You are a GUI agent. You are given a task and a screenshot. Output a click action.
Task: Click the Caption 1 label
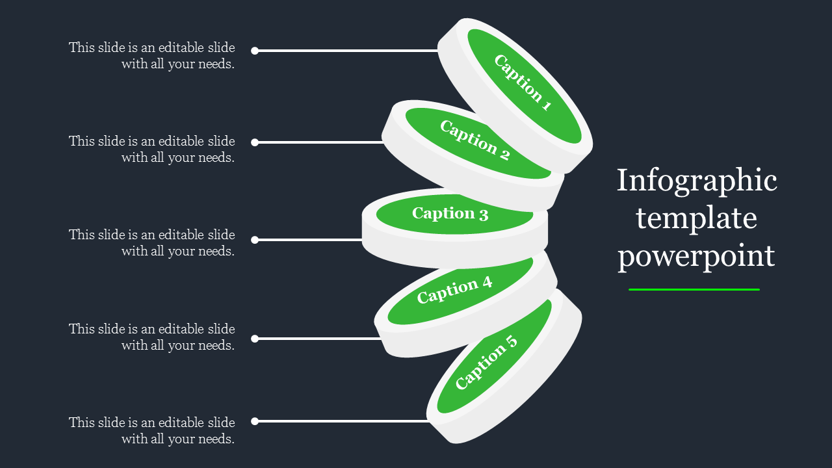(x=523, y=83)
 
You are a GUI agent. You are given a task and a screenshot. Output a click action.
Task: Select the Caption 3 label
(x=450, y=213)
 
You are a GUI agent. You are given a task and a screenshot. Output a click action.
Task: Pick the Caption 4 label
(x=454, y=290)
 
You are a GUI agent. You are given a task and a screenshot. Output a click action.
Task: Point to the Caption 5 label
(x=486, y=362)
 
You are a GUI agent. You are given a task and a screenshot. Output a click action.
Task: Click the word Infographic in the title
(x=697, y=181)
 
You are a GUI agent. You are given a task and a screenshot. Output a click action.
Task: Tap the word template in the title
(x=697, y=218)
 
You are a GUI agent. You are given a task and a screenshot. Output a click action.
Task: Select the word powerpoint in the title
(x=697, y=255)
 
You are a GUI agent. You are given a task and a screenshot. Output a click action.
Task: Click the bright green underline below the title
(x=694, y=289)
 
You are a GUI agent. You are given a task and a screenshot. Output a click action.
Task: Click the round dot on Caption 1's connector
(x=255, y=51)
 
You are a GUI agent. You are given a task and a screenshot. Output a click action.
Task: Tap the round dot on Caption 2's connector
(x=255, y=142)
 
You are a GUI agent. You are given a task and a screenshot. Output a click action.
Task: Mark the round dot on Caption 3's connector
(x=255, y=240)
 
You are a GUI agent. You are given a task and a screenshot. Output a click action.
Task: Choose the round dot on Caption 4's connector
(x=255, y=339)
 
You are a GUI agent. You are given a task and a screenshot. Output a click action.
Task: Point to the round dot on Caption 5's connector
(x=255, y=421)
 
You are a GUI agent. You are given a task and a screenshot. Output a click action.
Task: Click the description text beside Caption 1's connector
(x=152, y=56)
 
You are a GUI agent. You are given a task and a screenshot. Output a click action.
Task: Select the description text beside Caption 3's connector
(x=152, y=242)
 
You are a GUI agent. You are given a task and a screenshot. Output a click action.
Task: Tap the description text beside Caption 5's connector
(x=152, y=430)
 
